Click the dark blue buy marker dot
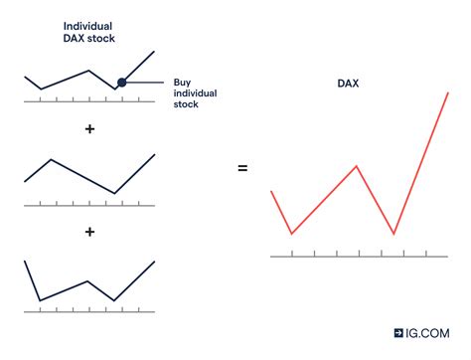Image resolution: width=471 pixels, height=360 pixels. click(x=121, y=83)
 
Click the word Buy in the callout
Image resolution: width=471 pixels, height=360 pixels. click(x=182, y=83)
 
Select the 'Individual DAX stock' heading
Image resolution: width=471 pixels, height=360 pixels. click(x=89, y=31)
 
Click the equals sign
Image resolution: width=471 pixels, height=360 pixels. click(x=242, y=169)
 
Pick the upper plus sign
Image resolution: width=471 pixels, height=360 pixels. click(x=89, y=130)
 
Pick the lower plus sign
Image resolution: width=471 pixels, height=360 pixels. click(x=89, y=232)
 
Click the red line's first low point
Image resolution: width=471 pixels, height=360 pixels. click(x=292, y=234)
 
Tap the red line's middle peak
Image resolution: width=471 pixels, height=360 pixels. click(x=357, y=166)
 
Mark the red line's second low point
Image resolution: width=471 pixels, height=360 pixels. click(x=394, y=234)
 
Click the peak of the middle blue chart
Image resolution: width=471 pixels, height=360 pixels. click(x=51, y=159)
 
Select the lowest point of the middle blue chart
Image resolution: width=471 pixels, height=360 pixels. click(x=115, y=193)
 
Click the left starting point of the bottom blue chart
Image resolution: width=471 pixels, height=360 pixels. click(x=25, y=261)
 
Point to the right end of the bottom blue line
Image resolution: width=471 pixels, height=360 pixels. click(x=155, y=262)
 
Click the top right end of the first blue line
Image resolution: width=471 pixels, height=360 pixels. click(x=155, y=52)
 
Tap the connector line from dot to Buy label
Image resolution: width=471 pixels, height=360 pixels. click(x=147, y=83)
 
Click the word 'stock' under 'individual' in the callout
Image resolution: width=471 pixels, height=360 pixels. click(x=188, y=104)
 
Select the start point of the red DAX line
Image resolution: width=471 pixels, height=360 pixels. click(x=271, y=191)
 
